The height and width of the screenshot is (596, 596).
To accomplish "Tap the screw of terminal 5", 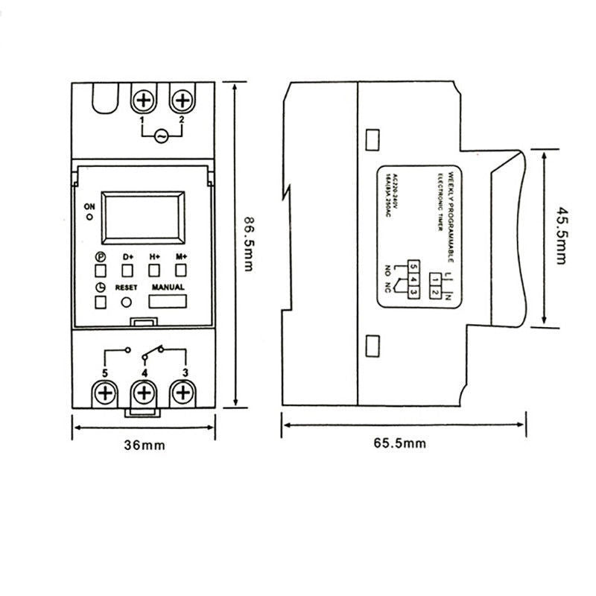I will tap(105, 392).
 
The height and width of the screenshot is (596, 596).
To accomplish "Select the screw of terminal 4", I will tap(144, 393).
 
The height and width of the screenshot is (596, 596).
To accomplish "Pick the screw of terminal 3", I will tap(181, 392).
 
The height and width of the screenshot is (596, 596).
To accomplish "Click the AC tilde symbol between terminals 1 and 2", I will tap(161, 136).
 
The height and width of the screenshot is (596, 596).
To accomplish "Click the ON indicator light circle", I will tap(90, 218).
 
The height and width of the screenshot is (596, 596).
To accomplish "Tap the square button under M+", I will tap(180, 270).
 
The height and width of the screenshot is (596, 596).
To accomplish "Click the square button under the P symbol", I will tap(100, 270).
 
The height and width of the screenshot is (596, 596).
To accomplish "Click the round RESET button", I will tap(127, 302).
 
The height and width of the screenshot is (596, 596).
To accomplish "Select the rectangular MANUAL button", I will tap(168, 302).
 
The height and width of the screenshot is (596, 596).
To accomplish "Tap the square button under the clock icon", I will tap(100, 302).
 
